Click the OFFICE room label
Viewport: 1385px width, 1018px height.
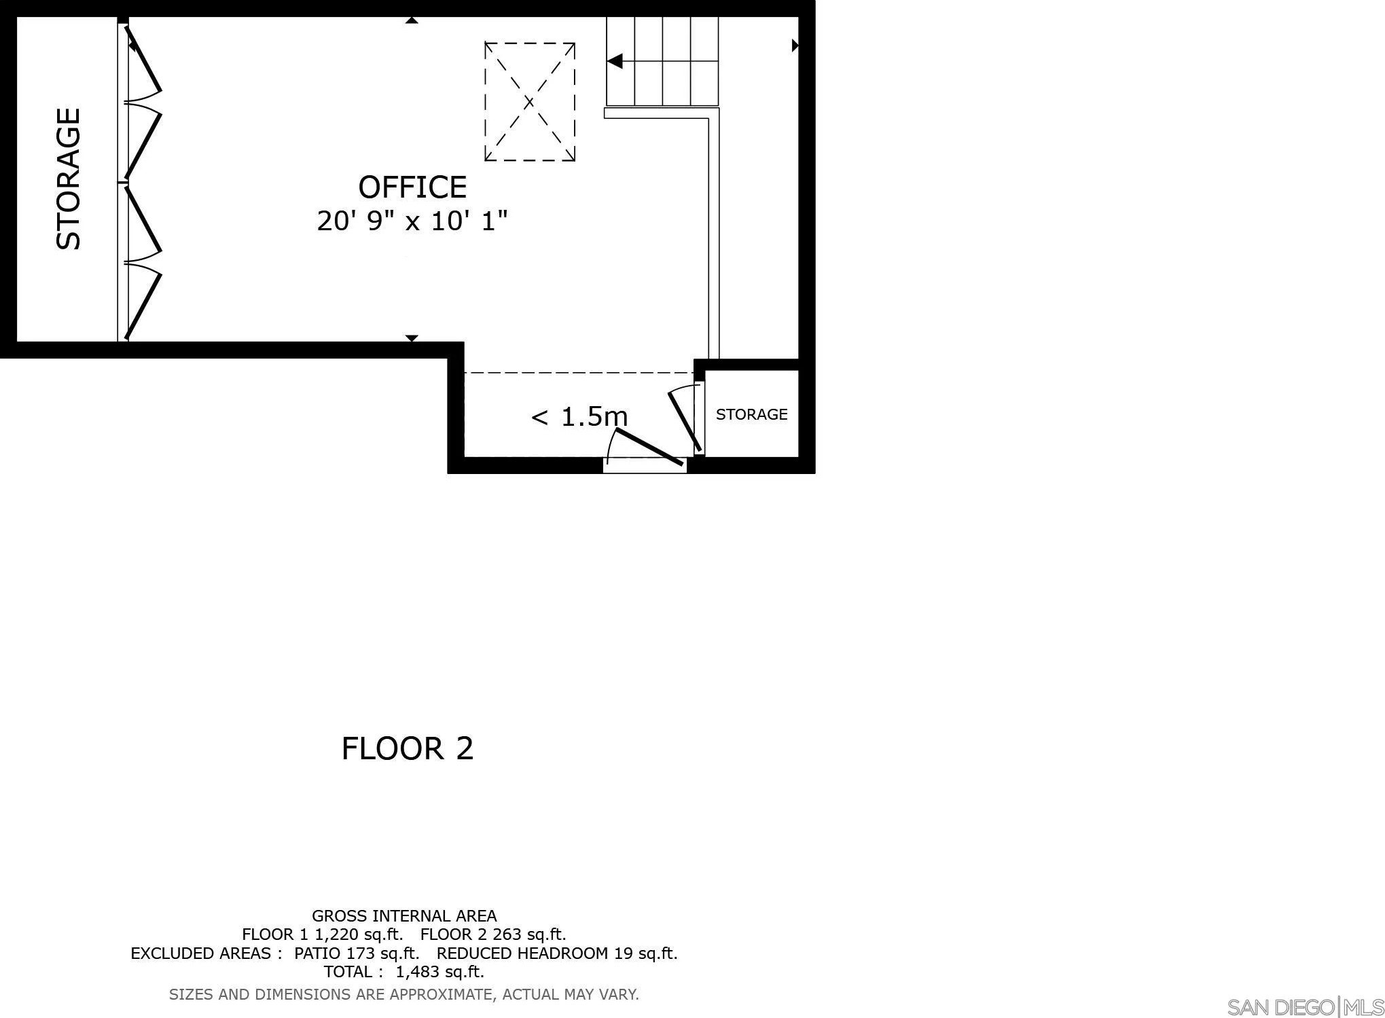[412, 187]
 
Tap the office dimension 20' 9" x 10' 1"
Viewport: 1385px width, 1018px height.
[412, 221]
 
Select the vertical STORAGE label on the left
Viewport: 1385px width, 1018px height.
[68, 179]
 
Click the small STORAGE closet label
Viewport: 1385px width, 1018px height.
[751, 414]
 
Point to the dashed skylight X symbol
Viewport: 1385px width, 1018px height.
[530, 102]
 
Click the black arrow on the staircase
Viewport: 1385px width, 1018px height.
[615, 62]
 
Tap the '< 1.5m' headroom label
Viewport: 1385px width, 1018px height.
[579, 416]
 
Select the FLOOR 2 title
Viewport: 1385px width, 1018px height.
[407, 748]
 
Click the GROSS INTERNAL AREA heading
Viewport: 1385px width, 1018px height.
[404, 915]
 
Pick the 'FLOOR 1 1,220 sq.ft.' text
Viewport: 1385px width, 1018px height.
[323, 934]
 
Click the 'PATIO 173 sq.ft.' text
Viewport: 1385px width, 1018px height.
[357, 953]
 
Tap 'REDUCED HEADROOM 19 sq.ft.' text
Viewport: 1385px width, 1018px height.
[557, 953]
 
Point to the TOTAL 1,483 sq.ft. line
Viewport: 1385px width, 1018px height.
[404, 972]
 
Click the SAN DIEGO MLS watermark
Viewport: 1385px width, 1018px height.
[1305, 1006]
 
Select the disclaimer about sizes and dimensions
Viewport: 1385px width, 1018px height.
[404, 995]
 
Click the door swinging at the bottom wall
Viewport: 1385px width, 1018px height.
[649, 447]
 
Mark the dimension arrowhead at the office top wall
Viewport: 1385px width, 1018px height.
[411, 20]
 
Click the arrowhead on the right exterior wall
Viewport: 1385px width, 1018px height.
[795, 46]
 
